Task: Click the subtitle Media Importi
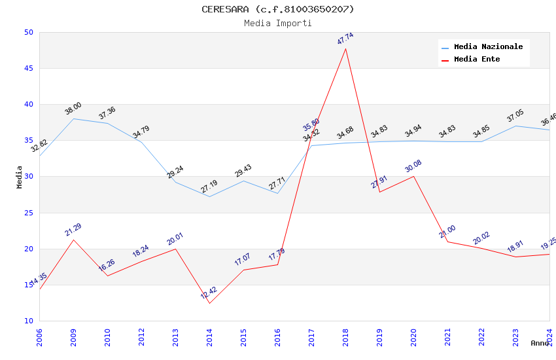[x=277, y=23]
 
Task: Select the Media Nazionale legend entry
[x=488, y=47]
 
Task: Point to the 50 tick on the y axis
[x=29, y=32]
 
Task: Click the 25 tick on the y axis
[x=29, y=213]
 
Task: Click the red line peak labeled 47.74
[x=345, y=48]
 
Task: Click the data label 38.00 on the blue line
[x=73, y=109]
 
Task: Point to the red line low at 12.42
[x=209, y=302]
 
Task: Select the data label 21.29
[x=73, y=230]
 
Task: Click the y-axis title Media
[x=20, y=177]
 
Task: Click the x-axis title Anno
[x=540, y=343]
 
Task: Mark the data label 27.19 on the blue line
[x=209, y=186]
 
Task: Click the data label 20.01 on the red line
[x=175, y=239]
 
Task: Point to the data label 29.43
[x=243, y=171]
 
